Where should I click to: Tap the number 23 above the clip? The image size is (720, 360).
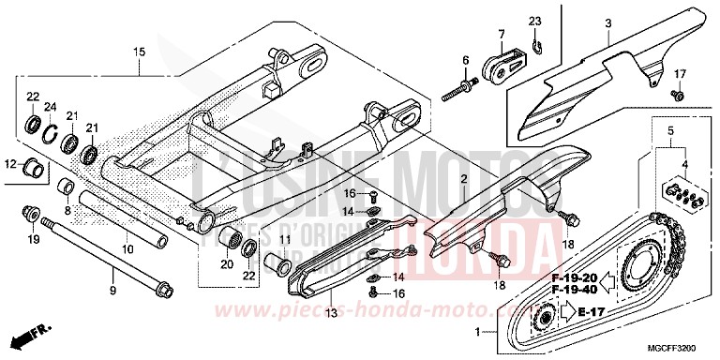534,22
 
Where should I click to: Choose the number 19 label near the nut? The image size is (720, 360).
34,240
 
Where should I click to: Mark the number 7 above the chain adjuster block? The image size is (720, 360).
502,34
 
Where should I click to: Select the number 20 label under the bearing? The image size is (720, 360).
227,263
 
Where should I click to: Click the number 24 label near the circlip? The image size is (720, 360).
52,105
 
